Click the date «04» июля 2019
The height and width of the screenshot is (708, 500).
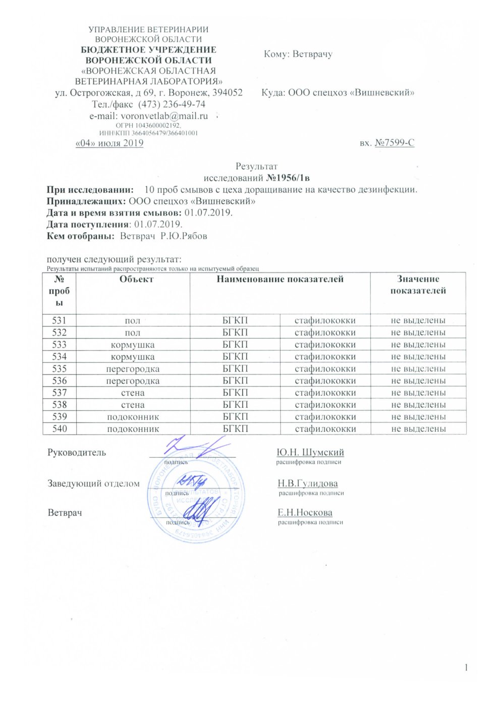[109, 143]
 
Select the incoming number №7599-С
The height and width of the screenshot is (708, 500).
[394, 143]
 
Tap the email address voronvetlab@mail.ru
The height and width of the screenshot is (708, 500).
[164, 116]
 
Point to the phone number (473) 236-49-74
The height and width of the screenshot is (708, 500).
[172, 104]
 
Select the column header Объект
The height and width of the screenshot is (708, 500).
[136, 279]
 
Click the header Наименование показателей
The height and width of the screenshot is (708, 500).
[280, 279]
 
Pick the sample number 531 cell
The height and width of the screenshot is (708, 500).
[60, 320]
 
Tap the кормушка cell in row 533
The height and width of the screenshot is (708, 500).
[133, 345]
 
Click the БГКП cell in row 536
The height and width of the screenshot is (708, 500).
[235, 381]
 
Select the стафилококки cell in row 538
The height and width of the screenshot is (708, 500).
[325, 405]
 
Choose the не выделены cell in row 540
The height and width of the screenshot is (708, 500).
[418, 429]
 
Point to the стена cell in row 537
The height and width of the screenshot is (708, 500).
[133, 393]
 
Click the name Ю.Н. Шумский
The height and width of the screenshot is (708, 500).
[310, 453]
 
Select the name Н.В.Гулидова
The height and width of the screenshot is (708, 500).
[308, 483]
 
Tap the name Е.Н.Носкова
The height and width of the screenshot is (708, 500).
[305, 513]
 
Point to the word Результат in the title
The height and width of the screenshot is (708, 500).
[256, 167]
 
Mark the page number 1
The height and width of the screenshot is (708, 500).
[466, 668]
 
